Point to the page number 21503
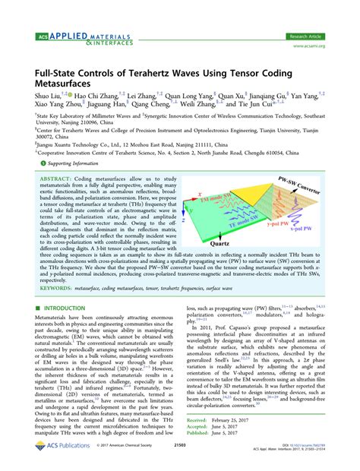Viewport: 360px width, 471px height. pos(180,464)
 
